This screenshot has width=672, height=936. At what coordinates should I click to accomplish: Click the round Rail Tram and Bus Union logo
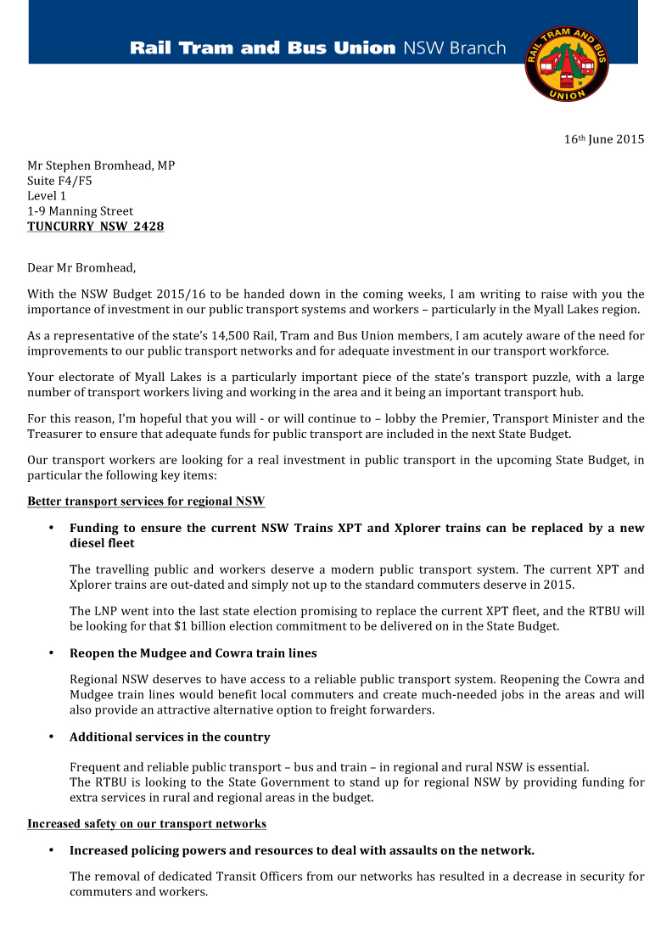point(567,64)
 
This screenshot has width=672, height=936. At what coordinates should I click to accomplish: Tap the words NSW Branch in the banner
point(454,48)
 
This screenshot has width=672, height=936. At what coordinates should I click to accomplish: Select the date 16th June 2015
point(604,139)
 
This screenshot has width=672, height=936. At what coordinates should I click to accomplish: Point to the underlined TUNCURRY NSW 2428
point(95,227)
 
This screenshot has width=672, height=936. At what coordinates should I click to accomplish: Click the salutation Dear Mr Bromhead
point(81,268)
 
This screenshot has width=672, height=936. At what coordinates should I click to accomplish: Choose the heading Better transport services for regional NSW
point(146,502)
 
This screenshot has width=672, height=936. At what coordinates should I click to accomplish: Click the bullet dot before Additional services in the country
point(51,737)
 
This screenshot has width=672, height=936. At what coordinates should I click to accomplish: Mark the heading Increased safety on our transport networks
point(147,824)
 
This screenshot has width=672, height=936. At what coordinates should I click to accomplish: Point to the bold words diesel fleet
point(102,543)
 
